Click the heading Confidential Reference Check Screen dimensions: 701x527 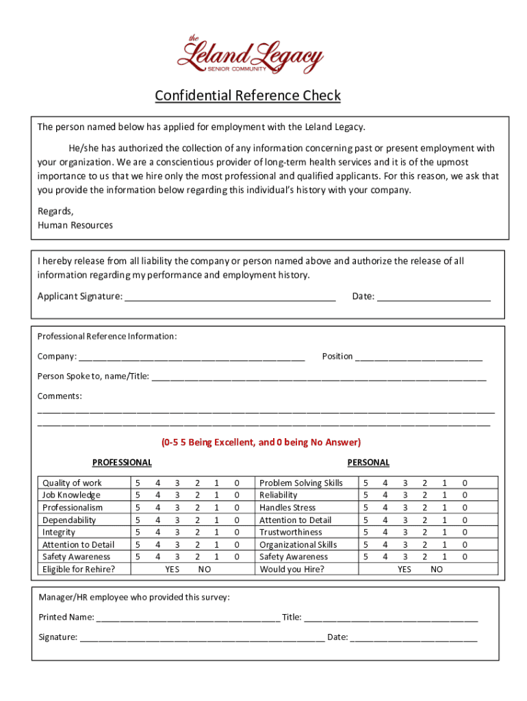click(247, 95)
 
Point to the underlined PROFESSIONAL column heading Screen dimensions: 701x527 click(122, 463)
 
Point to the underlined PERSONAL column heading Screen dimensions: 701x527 click(368, 463)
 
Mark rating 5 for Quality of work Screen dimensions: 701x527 click(138, 483)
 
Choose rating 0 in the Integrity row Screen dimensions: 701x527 click(237, 533)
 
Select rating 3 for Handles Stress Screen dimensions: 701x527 click(404, 508)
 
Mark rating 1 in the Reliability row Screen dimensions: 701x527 click(444, 496)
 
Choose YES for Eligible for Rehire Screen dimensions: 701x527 click(172, 570)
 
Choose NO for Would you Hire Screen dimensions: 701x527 click(437, 570)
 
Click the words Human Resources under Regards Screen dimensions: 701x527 click(75, 225)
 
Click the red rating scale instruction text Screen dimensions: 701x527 click(261, 442)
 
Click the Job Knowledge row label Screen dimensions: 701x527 click(71, 496)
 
